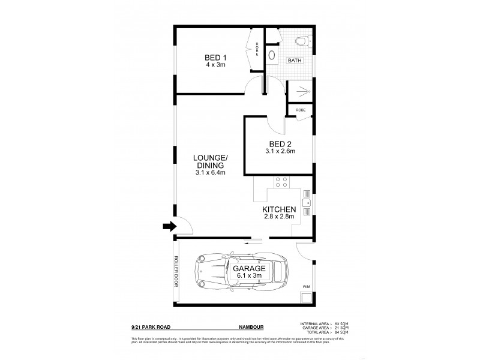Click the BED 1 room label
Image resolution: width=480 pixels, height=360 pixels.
pyautogui.click(x=211, y=58)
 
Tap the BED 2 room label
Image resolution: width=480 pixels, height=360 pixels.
pyautogui.click(x=280, y=143)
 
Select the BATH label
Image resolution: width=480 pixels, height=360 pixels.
pyautogui.click(x=295, y=61)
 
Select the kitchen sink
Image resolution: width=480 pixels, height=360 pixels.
pyautogui.click(x=306, y=208)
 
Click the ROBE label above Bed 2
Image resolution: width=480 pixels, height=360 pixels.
pyautogui.click(x=300, y=110)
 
